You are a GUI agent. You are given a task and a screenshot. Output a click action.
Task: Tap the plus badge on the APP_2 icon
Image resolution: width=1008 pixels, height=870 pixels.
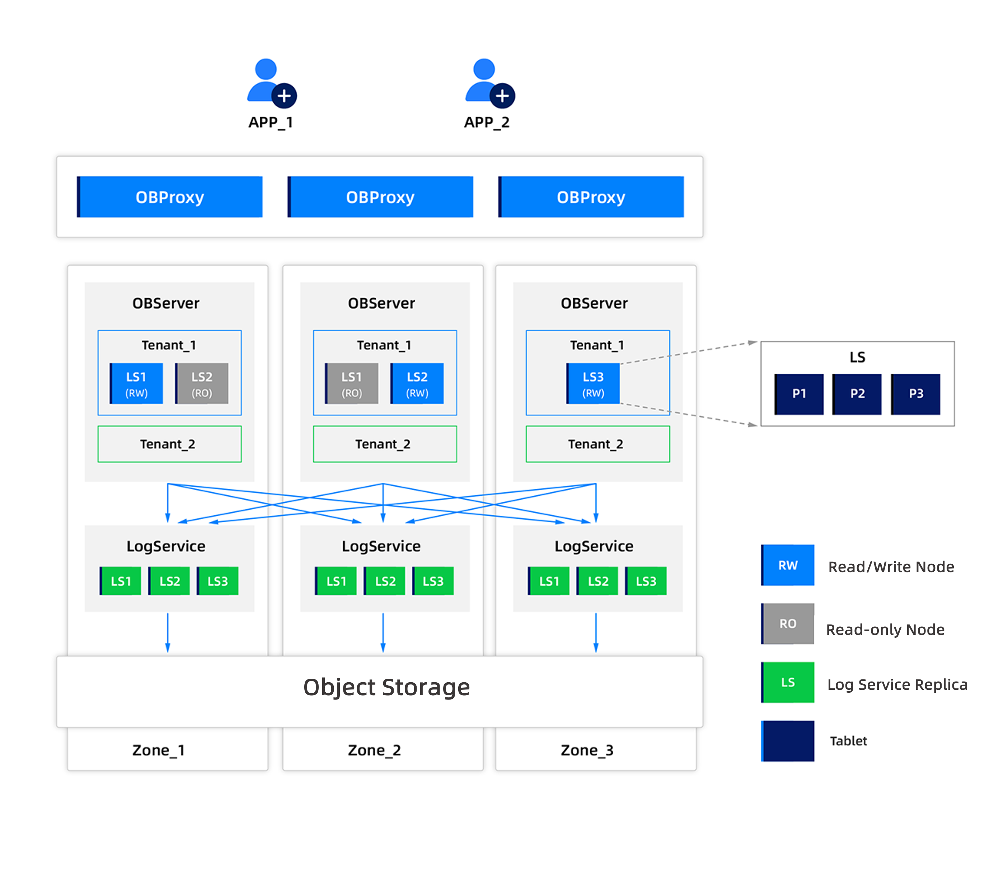502,96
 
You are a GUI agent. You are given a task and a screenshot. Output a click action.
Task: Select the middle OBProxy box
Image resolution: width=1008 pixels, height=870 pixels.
380,197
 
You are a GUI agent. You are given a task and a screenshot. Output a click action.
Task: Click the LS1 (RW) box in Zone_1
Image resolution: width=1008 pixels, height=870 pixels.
136,383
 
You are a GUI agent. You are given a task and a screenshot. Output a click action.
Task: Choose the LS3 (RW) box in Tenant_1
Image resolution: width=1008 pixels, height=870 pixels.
593,383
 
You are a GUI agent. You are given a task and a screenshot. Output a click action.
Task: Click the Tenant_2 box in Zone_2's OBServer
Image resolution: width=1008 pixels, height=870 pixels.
384,444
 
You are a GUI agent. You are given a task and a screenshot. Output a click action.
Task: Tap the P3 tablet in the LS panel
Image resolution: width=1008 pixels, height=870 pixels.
915,394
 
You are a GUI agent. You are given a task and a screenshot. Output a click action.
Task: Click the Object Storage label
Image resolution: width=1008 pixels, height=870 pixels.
386,687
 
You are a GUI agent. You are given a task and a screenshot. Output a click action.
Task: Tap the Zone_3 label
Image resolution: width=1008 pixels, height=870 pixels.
587,750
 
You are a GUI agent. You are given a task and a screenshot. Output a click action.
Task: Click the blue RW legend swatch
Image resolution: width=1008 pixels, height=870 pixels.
788,565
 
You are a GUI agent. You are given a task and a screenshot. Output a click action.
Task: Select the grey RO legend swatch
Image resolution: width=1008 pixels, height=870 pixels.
788,623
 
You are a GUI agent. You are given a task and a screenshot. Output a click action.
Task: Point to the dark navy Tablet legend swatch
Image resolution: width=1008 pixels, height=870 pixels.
788,740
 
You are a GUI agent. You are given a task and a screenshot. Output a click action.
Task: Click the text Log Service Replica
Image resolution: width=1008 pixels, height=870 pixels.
897,684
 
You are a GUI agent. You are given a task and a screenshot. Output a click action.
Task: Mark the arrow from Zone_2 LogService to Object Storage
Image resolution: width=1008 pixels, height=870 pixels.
383,632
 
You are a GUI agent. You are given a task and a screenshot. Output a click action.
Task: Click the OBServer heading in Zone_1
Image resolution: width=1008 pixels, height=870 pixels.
166,303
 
